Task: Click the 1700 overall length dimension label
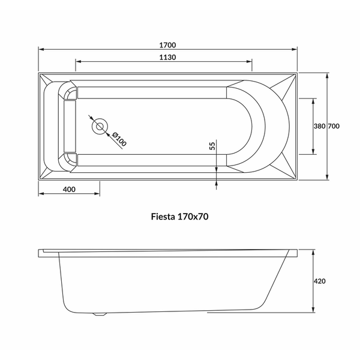coord(167,45)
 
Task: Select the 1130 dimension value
coord(167,57)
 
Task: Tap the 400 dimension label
coord(69,190)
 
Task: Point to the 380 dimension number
coord(319,126)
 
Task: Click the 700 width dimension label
coord(334,126)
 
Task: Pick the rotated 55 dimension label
coord(212,146)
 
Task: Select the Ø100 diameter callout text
coord(119,139)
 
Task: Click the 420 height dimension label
coord(320,281)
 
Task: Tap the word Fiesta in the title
coord(163,217)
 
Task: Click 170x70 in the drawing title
coord(193,217)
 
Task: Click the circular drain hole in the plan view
coord(100,126)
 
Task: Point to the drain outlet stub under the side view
coord(100,314)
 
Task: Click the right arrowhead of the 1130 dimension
coord(249,62)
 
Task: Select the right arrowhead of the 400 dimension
coord(97,194)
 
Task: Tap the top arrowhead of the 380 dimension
coord(313,101)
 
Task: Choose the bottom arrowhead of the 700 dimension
coord(327,177)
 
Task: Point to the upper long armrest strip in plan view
coord(152,93)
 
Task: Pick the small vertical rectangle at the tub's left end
coord(70,126)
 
